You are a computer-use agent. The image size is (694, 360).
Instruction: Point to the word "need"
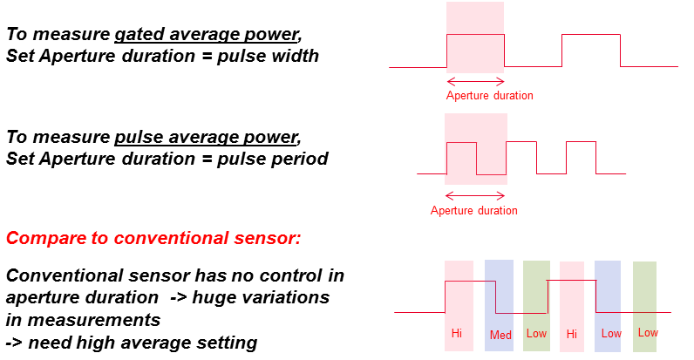click(x=51, y=342)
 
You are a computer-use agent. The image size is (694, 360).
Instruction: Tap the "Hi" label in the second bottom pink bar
click(x=572, y=334)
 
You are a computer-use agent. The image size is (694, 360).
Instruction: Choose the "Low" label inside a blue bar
click(x=610, y=334)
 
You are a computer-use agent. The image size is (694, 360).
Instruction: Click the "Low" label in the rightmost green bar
click(x=647, y=333)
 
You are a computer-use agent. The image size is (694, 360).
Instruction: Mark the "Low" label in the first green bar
click(x=536, y=334)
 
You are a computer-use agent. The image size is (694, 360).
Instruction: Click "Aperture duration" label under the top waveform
click(x=489, y=95)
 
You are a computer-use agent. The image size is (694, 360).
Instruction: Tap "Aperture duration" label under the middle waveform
click(x=473, y=210)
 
